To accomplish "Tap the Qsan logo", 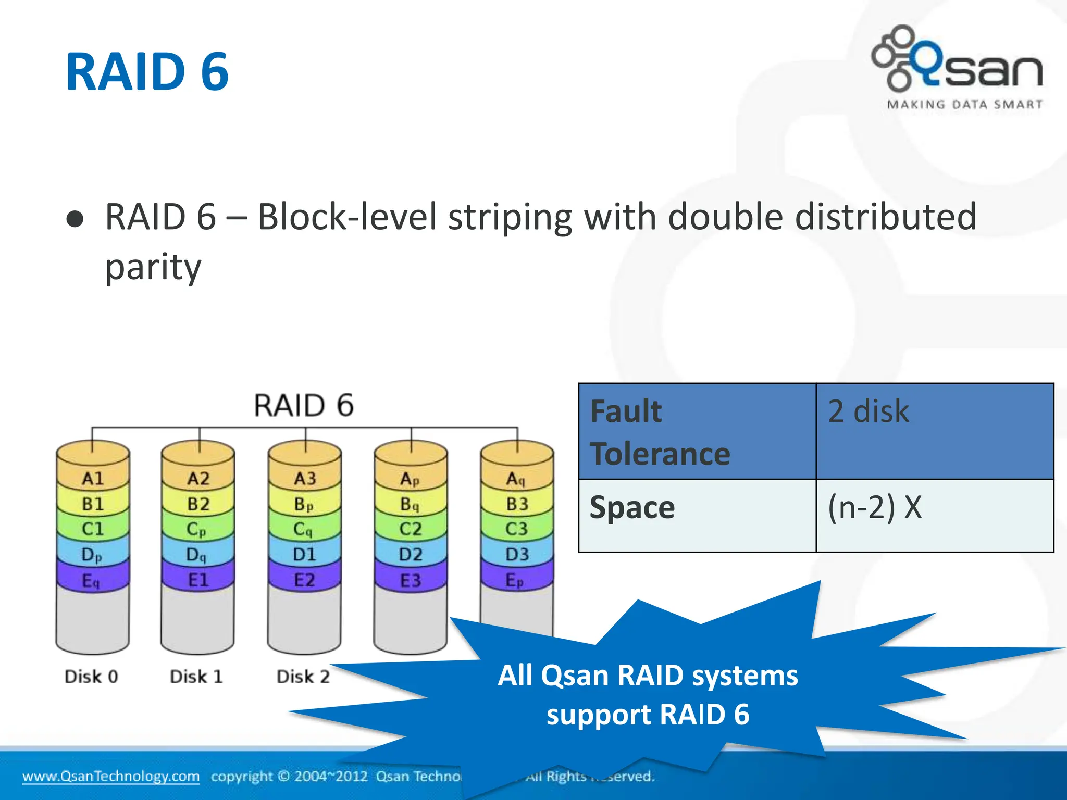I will (x=958, y=60).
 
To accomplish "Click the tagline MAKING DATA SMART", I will (x=964, y=104).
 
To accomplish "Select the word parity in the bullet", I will (x=153, y=268).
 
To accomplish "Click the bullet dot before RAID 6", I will (x=75, y=219).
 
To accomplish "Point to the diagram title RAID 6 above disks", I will (x=304, y=405).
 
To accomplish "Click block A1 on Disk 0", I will (x=93, y=478).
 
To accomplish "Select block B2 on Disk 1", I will (x=198, y=504).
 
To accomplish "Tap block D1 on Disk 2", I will (x=304, y=554).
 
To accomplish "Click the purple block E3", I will (x=411, y=580).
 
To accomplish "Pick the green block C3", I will (x=516, y=529).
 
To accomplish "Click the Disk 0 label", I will (x=91, y=677).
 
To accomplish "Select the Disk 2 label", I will (x=303, y=677).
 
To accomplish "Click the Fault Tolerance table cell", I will (x=697, y=432).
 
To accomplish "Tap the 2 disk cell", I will (x=935, y=432).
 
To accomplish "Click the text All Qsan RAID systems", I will (x=648, y=676).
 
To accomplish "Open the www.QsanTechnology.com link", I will (x=110, y=776).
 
